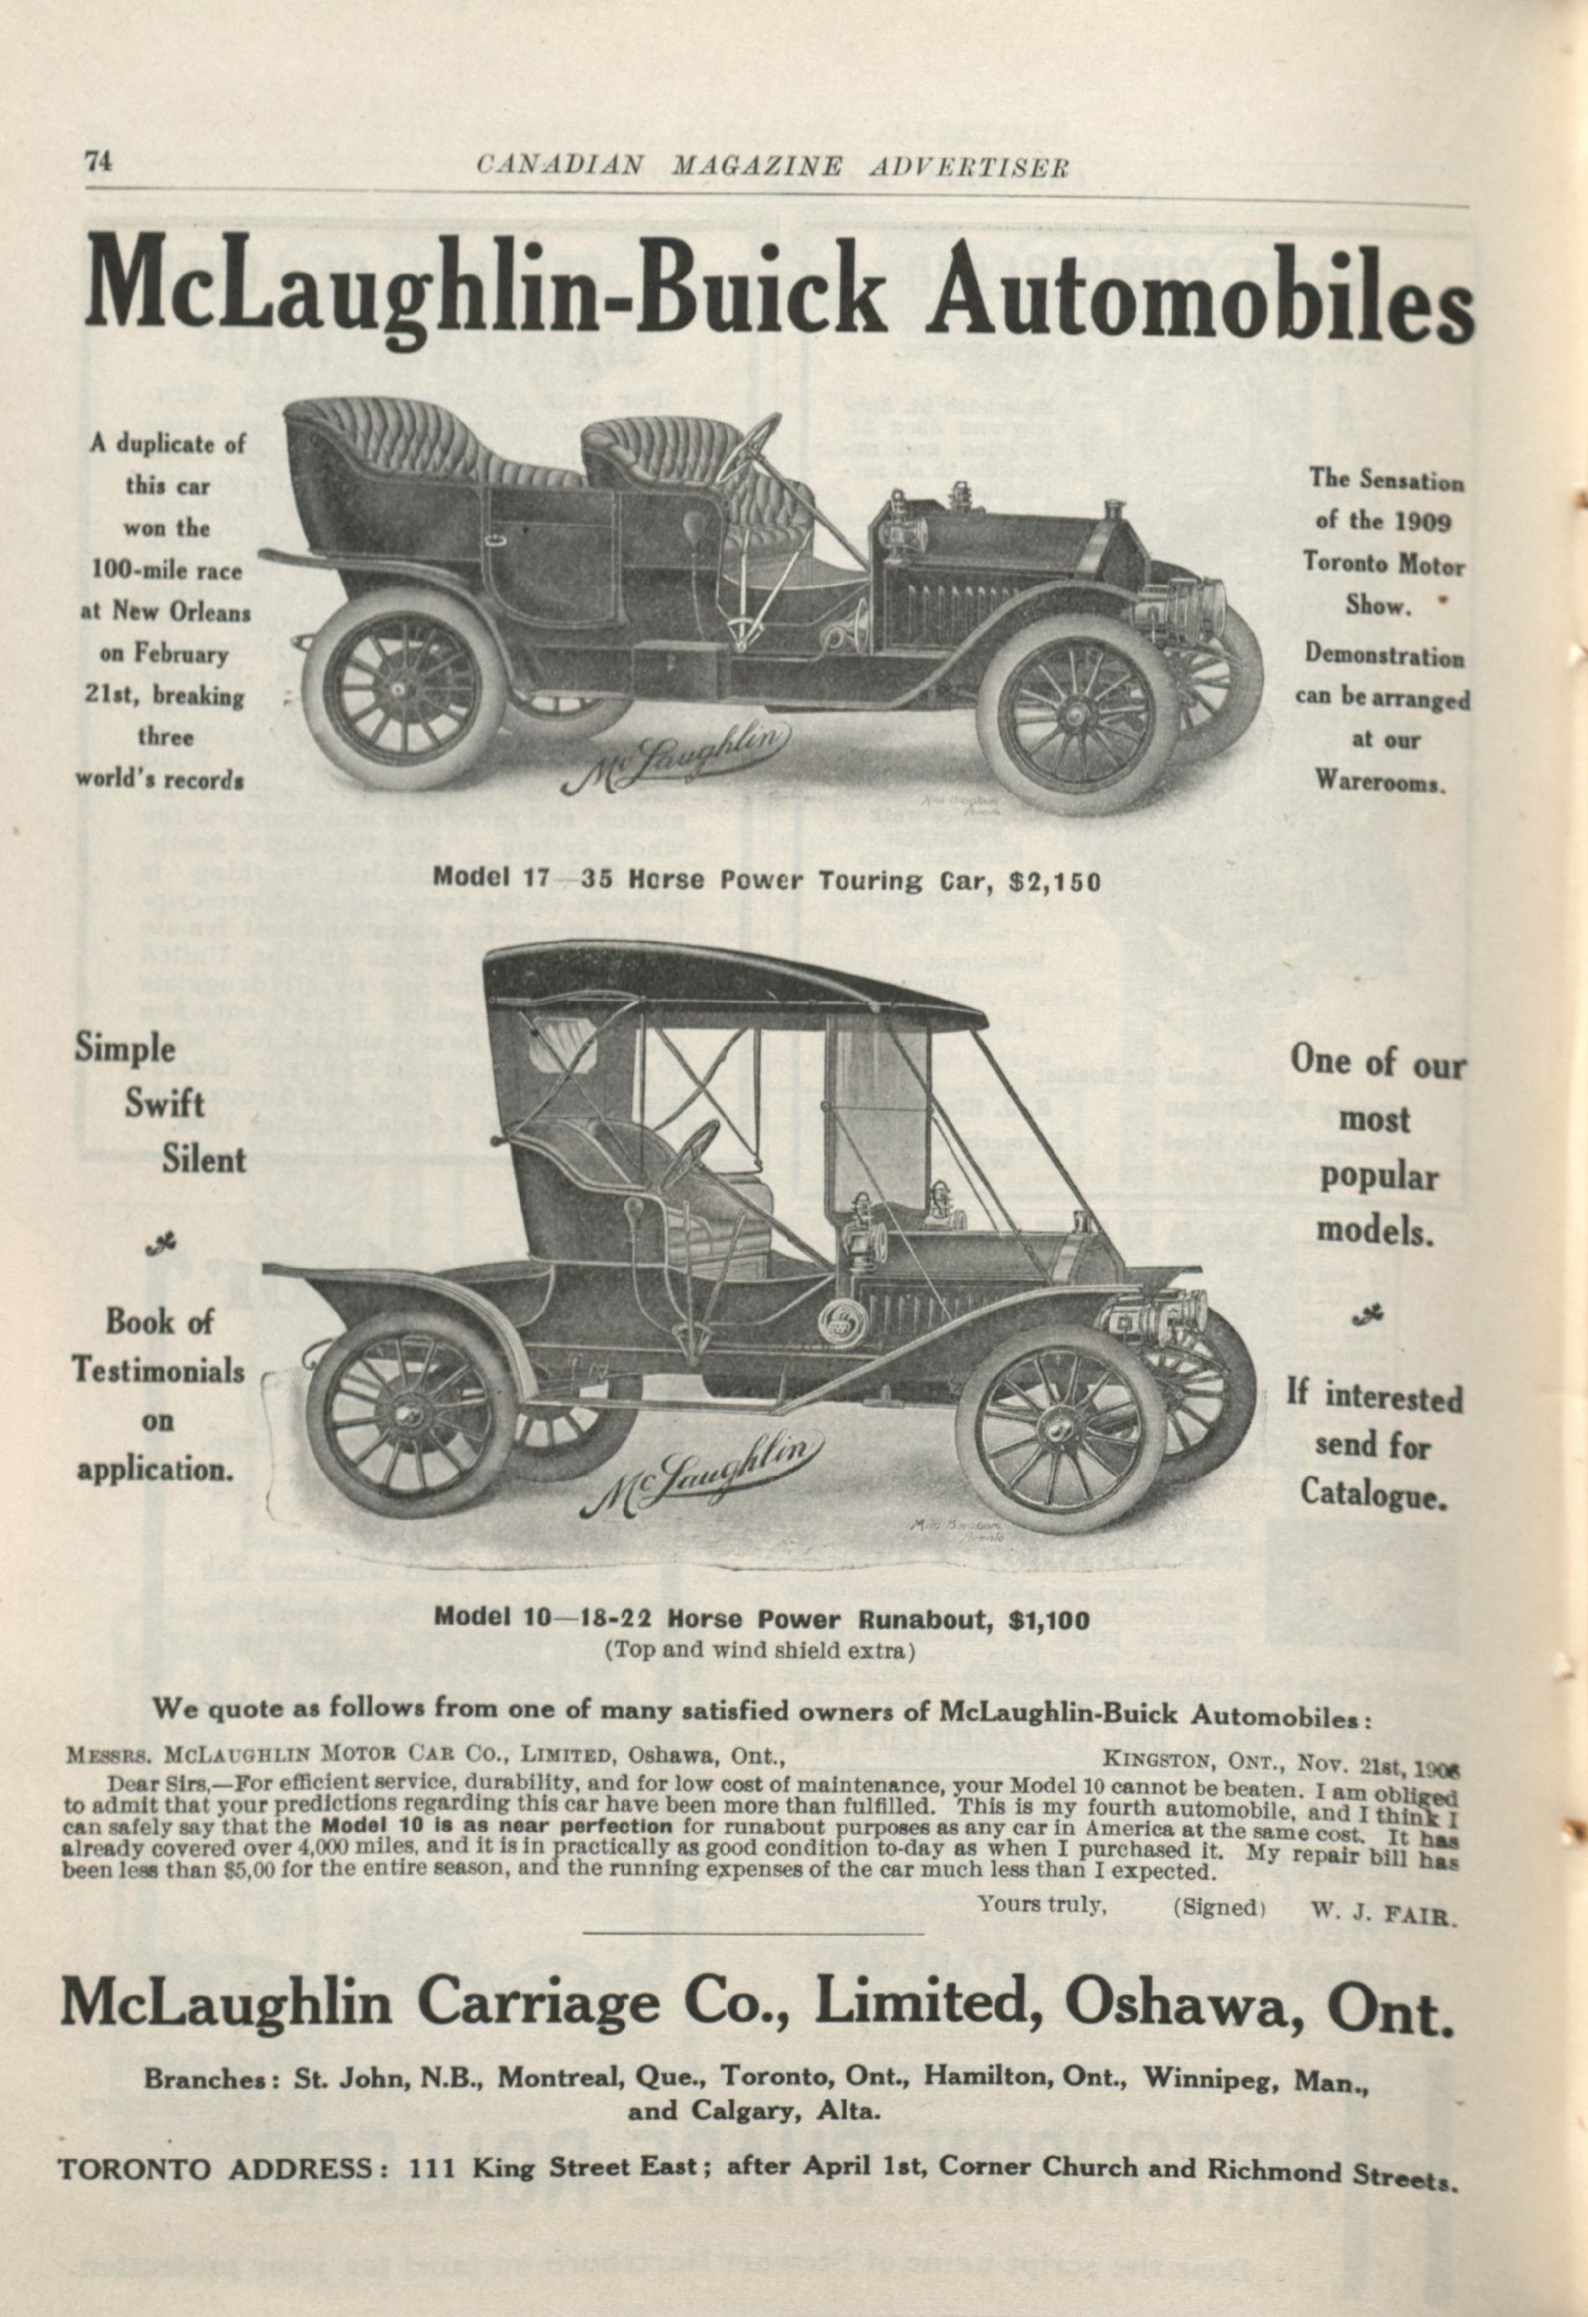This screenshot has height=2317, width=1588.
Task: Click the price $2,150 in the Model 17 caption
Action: coord(1054,880)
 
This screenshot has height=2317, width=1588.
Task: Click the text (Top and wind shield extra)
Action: coord(759,1650)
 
